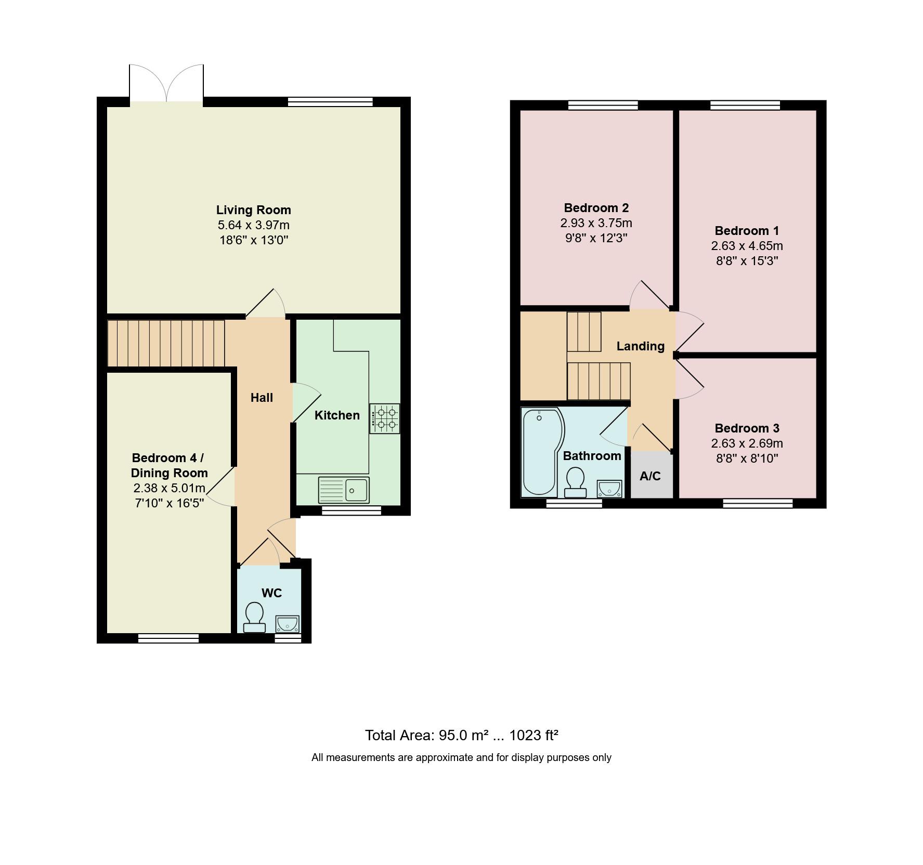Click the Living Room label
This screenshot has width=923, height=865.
click(x=253, y=210)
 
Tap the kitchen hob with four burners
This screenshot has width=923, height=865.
click(x=385, y=418)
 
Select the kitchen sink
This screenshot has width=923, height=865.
click(x=344, y=490)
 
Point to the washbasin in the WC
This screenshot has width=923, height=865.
click(x=287, y=623)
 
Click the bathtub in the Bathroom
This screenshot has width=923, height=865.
click(x=541, y=450)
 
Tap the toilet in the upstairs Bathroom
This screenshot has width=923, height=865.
click(x=575, y=482)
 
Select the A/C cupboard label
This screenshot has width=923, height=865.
click(x=650, y=476)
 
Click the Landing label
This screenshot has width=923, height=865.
click(x=640, y=346)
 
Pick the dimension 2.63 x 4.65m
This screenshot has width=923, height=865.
click(x=747, y=246)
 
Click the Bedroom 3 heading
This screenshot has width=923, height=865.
click(x=747, y=428)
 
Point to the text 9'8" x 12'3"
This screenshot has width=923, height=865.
click(x=596, y=238)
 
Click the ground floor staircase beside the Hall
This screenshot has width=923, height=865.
click(x=166, y=344)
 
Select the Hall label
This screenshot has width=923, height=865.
click(x=262, y=398)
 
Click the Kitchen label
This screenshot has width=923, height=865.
click(x=337, y=415)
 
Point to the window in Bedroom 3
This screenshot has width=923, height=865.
click(x=758, y=503)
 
